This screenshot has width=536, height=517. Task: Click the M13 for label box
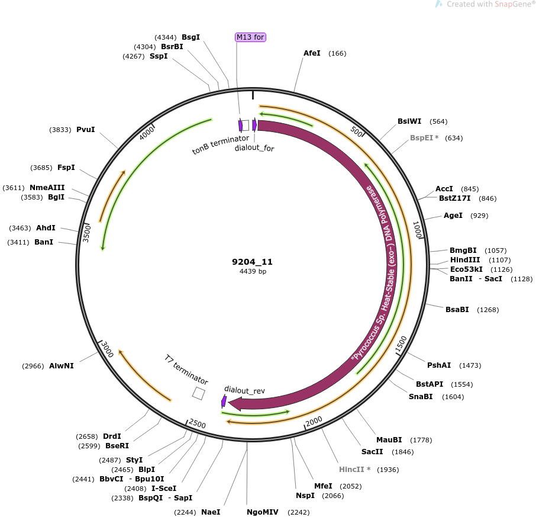pos(250,37)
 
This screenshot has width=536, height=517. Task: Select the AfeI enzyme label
pos(312,53)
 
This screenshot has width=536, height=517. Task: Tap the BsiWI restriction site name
pos(409,121)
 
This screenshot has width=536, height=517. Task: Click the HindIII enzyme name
pos(465,260)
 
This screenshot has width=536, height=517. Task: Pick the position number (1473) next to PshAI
pos(470,365)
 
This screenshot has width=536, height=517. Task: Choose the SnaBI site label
pos(421,397)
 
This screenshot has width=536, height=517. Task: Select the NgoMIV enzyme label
pos(263,512)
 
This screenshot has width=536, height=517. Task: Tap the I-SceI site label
pos(164,488)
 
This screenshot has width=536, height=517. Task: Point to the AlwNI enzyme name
pos(62,366)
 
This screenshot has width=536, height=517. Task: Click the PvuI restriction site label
pos(85,129)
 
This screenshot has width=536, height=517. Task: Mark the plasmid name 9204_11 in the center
pos(252,262)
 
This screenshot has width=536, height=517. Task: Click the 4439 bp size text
pos(253,271)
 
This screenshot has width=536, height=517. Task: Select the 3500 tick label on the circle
pos(87,233)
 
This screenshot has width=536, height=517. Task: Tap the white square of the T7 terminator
pos(198,393)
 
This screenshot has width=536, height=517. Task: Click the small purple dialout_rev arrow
pos(224,402)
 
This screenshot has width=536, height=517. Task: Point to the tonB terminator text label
pos(221,144)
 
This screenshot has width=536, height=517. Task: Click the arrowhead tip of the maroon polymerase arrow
pos(228,403)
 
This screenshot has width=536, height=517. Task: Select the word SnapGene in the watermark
pos(514,4)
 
